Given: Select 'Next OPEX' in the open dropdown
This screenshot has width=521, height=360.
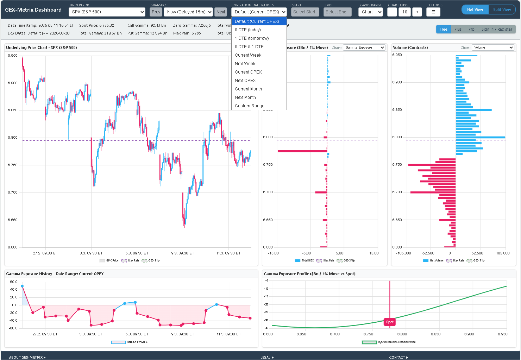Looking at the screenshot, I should [x=245, y=81].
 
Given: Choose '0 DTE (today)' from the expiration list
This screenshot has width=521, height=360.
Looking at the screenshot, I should [x=248, y=30].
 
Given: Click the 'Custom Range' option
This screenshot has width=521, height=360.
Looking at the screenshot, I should [x=249, y=106].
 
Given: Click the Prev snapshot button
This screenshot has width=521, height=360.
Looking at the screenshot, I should [x=156, y=12].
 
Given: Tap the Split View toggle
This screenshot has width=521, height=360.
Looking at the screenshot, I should [x=502, y=10].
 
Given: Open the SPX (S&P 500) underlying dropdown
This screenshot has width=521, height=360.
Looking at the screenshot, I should [x=107, y=12].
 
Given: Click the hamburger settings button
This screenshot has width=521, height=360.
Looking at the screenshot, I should [x=433, y=12].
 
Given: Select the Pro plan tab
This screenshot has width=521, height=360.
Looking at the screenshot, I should [x=471, y=29].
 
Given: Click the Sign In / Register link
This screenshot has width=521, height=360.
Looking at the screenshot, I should [x=497, y=29].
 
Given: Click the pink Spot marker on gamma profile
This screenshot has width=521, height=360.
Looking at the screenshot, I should [x=390, y=322].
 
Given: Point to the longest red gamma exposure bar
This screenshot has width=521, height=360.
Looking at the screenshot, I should [x=302, y=151].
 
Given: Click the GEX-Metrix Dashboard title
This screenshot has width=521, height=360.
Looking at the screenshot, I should [x=33, y=10].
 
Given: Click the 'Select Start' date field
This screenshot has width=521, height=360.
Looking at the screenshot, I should [x=305, y=12].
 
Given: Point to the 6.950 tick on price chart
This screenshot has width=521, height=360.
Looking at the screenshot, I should [x=13, y=56].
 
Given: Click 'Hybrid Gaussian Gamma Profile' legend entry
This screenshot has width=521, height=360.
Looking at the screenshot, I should [x=396, y=342].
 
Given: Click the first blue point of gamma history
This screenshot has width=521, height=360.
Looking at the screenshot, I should [x=22, y=286].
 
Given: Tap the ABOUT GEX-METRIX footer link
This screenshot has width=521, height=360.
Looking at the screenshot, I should [x=27, y=357].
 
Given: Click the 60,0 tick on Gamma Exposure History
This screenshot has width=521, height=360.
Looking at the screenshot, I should [x=13, y=282].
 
